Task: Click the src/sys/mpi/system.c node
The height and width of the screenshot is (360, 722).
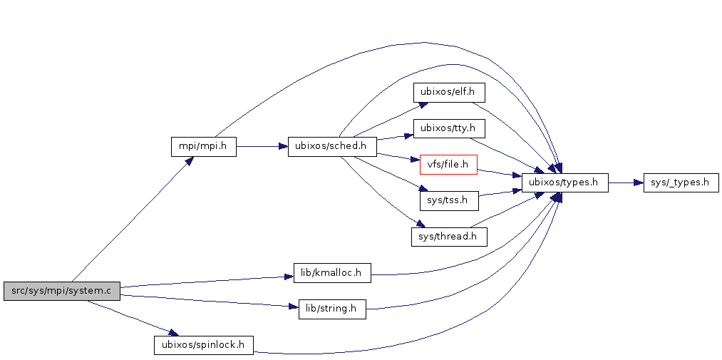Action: click(x=61, y=291)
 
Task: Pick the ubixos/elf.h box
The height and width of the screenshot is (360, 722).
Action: click(x=448, y=93)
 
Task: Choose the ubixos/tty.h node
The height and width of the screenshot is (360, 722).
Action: click(x=448, y=129)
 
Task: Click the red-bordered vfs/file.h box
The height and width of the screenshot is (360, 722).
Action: click(x=448, y=165)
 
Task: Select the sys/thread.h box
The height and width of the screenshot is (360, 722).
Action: click(x=448, y=237)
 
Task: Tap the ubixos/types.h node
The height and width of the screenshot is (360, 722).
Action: click(x=564, y=183)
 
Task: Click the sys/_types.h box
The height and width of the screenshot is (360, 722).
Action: click(x=680, y=183)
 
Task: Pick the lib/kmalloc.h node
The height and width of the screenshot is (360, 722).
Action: click(x=331, y=273)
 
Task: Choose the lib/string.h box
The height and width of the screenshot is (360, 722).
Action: click(x=331, y=309)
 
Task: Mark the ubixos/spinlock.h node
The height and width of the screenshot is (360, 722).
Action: click(x=203, y=345)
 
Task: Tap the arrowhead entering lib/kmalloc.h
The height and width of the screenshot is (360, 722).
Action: click(x=289, y=276)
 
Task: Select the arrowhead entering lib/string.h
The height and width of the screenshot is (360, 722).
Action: click(x=293, y=307)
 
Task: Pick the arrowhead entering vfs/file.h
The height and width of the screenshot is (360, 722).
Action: click(x=415, y=161)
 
